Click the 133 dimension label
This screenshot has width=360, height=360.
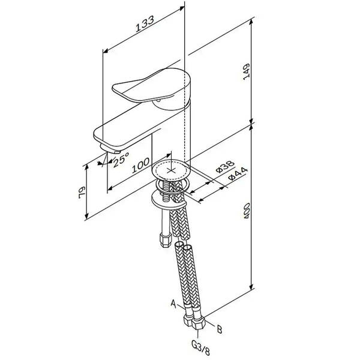pos(145,24)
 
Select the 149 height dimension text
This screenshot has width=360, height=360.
pos(247,72)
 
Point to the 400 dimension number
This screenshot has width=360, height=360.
pos(247,211)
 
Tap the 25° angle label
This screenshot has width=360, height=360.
pos(121,160)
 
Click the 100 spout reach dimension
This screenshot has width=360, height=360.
pos(140,166)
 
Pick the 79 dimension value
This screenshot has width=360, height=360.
pos(82,193)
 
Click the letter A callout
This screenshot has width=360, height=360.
pos(173,304)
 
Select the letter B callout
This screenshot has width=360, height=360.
pos(220,329)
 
